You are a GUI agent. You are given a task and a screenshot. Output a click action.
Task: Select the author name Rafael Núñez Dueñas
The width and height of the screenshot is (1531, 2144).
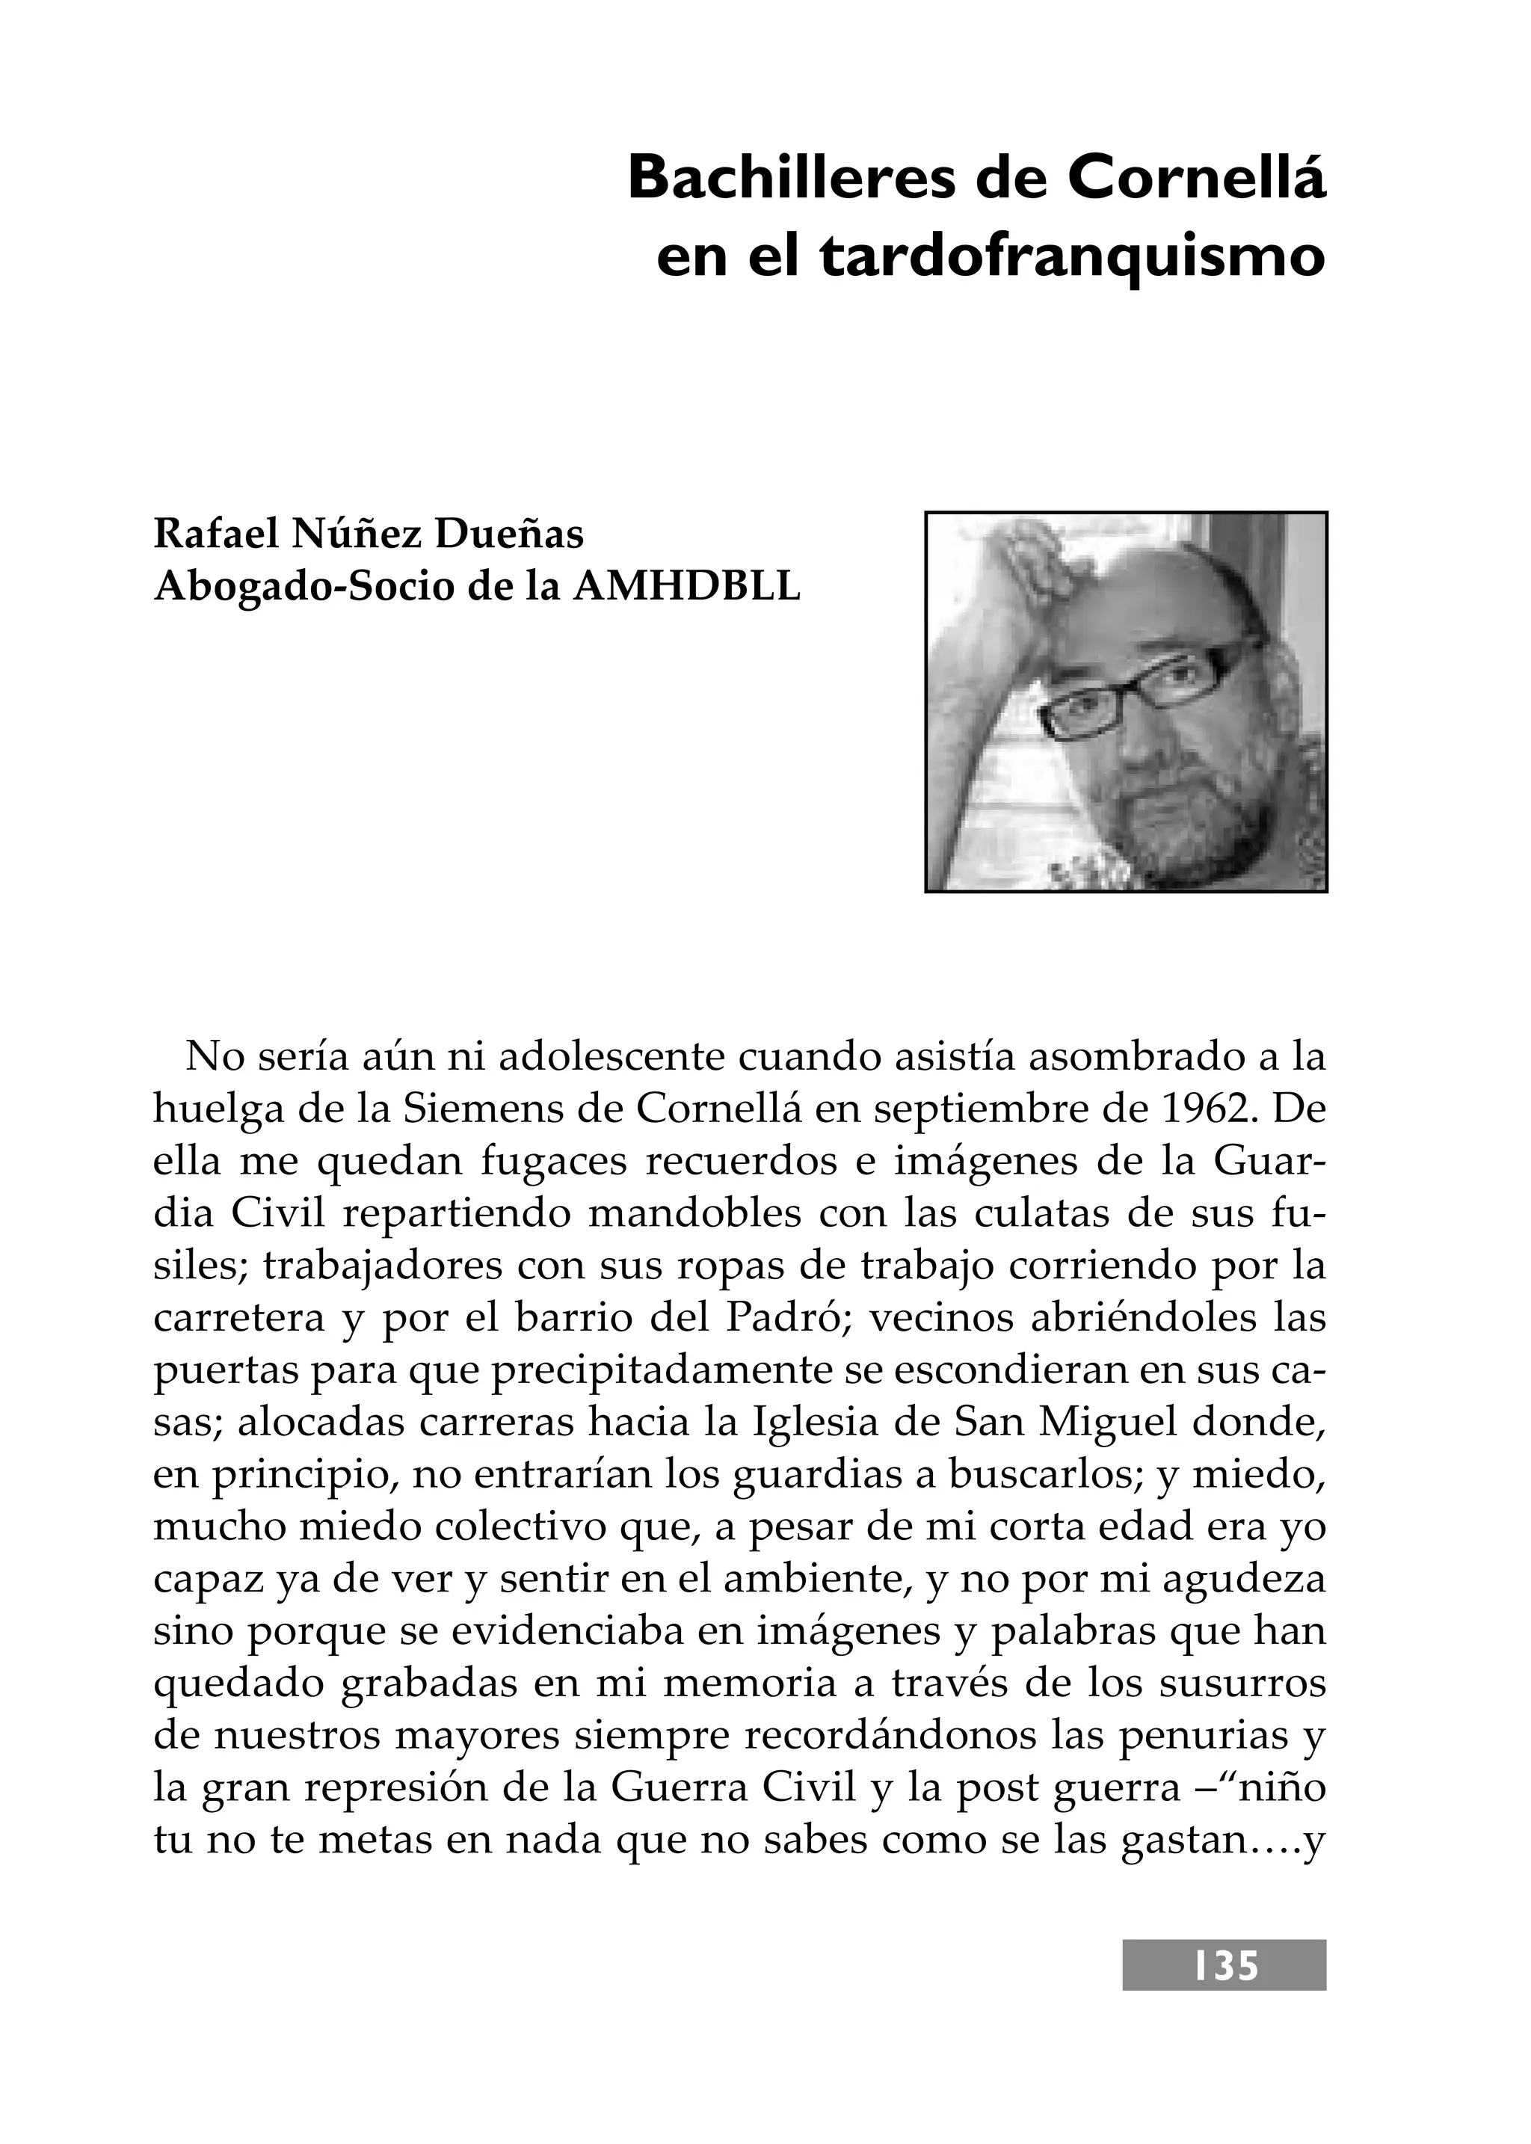[x=369, y=534]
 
